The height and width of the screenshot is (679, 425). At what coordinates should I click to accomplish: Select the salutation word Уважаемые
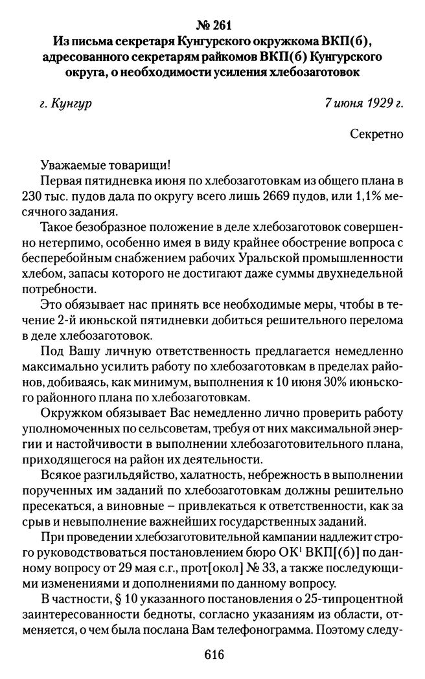(x=72, y=164)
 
